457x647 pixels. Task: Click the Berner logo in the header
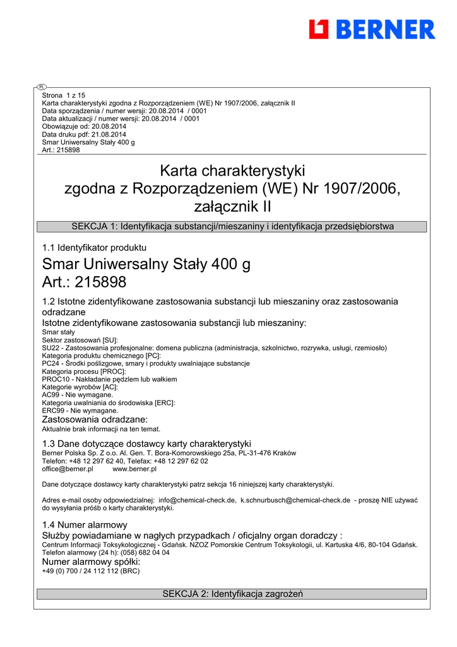[x=372, y=29]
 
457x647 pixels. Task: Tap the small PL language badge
[x=42, y=87]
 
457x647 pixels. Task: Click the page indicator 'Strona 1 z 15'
[x=64, y=95]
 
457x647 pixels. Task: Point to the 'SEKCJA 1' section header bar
[x=232, y=226]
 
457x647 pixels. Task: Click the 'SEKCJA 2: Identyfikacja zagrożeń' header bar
[x=232, y=594]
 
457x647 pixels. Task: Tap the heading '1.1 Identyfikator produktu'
[x=94, y=248]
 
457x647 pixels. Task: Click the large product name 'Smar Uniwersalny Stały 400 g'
[x=146, y=264]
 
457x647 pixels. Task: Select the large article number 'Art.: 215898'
[x=84, y=282]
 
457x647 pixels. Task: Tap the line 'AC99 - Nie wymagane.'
[x=78, y=395]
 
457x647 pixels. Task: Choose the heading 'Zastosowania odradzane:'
[x=95, y=420]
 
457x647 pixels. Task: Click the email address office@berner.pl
[x=68, y=469]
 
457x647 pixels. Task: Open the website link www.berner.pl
[x=134, y=469]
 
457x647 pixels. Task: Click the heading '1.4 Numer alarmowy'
[x=85, y=525]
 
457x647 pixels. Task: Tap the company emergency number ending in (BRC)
[x=90, y=571]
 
